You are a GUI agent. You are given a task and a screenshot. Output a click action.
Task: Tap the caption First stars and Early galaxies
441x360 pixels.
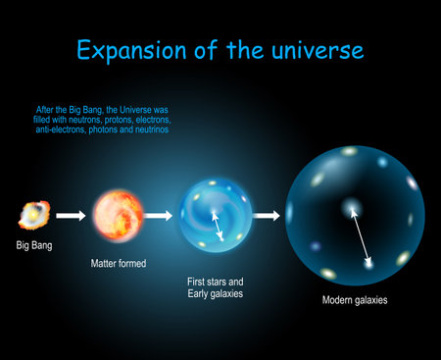pyautogui.click(x=217, y=287)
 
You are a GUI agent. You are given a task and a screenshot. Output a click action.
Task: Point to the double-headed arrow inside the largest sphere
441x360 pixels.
pyautogui.click(x=361, y=234)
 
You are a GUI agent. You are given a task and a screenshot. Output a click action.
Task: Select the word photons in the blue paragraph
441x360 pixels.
pyautogui.click(x=122, y=129)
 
